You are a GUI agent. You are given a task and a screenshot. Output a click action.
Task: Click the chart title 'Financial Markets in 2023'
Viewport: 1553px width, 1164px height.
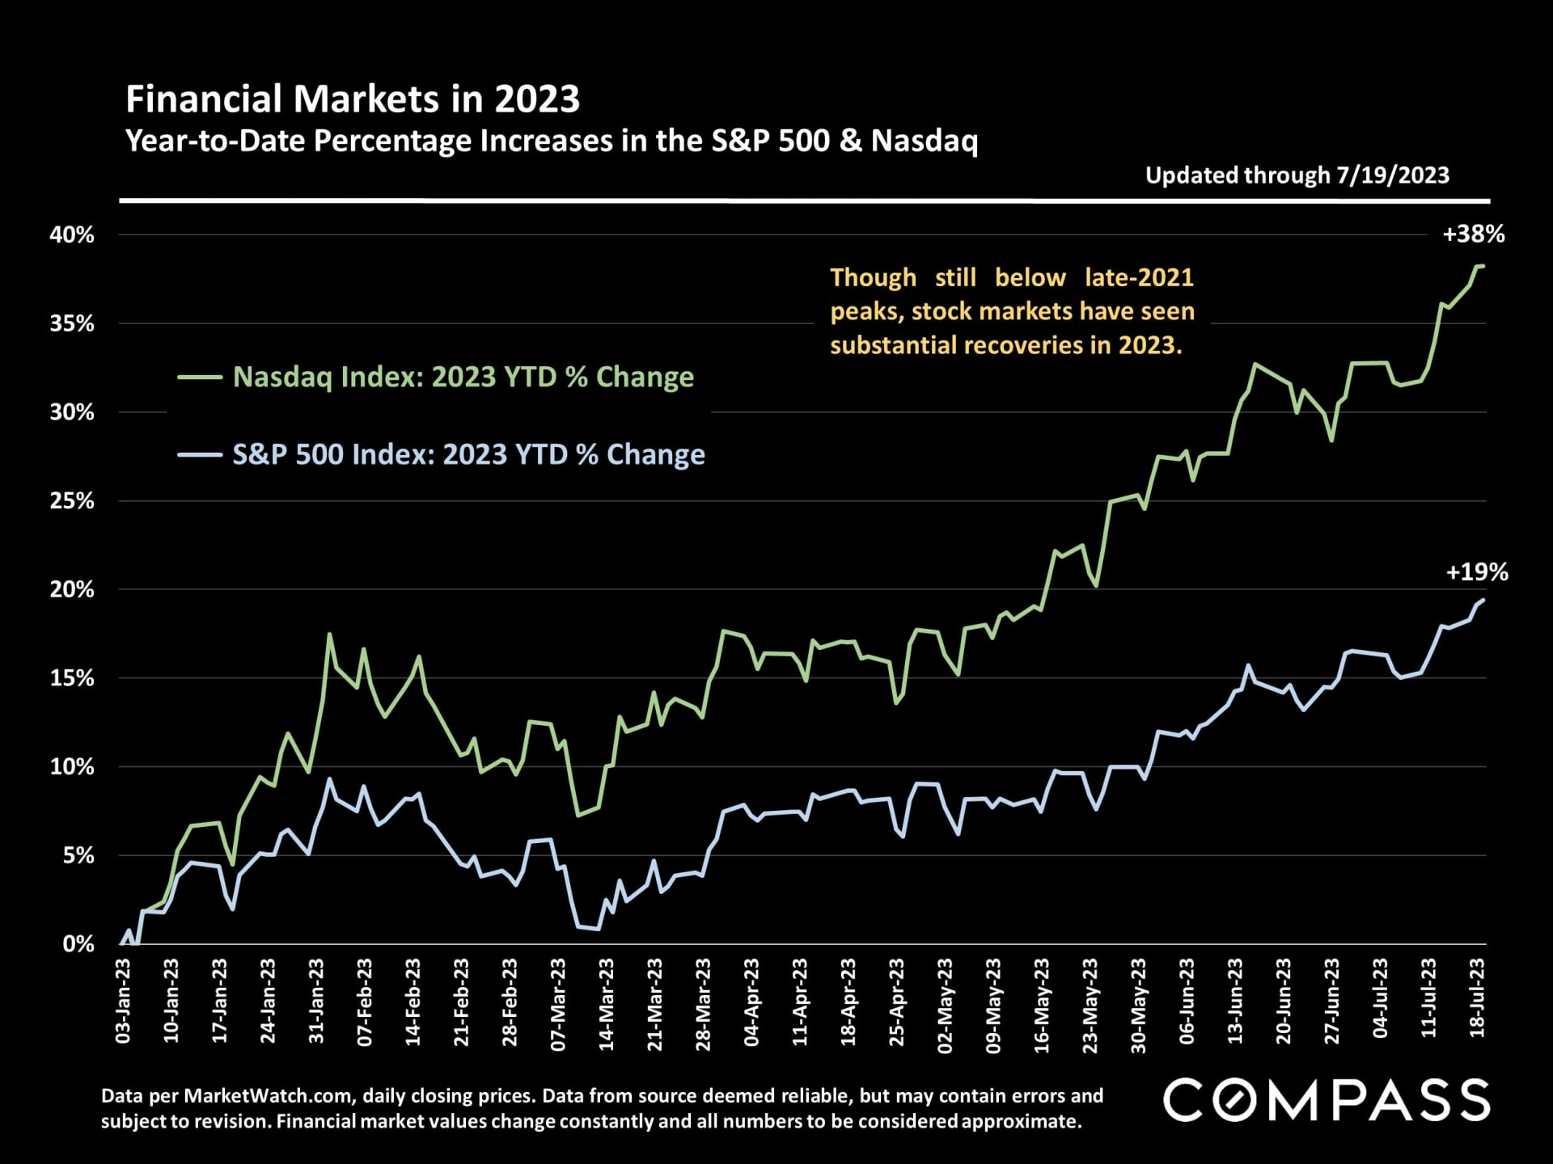(x=353, y=99)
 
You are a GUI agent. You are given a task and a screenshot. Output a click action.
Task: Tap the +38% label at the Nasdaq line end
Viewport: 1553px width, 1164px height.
(x=1473, y=234)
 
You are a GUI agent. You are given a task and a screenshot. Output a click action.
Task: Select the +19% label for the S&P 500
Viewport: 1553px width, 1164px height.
(x=1476, y=572)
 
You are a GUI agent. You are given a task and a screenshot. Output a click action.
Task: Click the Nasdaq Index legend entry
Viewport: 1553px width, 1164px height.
(x=463, y=377)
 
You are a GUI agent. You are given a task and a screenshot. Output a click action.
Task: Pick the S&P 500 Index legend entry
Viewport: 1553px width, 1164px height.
(x=468, y=454)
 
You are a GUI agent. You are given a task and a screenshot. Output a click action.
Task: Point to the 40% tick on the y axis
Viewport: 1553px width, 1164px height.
(x=72, y=235)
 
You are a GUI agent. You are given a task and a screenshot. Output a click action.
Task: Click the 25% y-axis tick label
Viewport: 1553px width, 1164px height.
(x=72, y=501)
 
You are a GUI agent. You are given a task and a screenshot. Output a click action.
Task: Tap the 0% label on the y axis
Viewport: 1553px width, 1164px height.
(x=78, y=944)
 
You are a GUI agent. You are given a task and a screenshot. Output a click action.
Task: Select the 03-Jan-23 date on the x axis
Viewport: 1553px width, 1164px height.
(x=124, y=1001)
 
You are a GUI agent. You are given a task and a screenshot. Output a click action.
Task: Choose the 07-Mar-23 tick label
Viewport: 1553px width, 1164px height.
(x=559, y=1004)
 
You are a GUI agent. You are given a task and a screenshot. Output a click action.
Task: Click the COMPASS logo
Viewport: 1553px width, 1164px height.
(x=1327, y=1100)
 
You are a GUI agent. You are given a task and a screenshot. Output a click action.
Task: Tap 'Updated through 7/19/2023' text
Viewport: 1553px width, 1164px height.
(x=1297, y=175)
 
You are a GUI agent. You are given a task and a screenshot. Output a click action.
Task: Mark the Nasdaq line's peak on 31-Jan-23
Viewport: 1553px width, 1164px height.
(x=329, y=635)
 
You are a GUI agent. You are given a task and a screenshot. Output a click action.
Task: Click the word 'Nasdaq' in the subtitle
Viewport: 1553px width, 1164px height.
(x=925, y=141)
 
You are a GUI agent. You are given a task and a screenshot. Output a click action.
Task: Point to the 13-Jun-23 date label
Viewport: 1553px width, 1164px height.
(x=1236, y=1001)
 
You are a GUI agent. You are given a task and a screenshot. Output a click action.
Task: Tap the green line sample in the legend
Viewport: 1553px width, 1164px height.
(x=200, y=377)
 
